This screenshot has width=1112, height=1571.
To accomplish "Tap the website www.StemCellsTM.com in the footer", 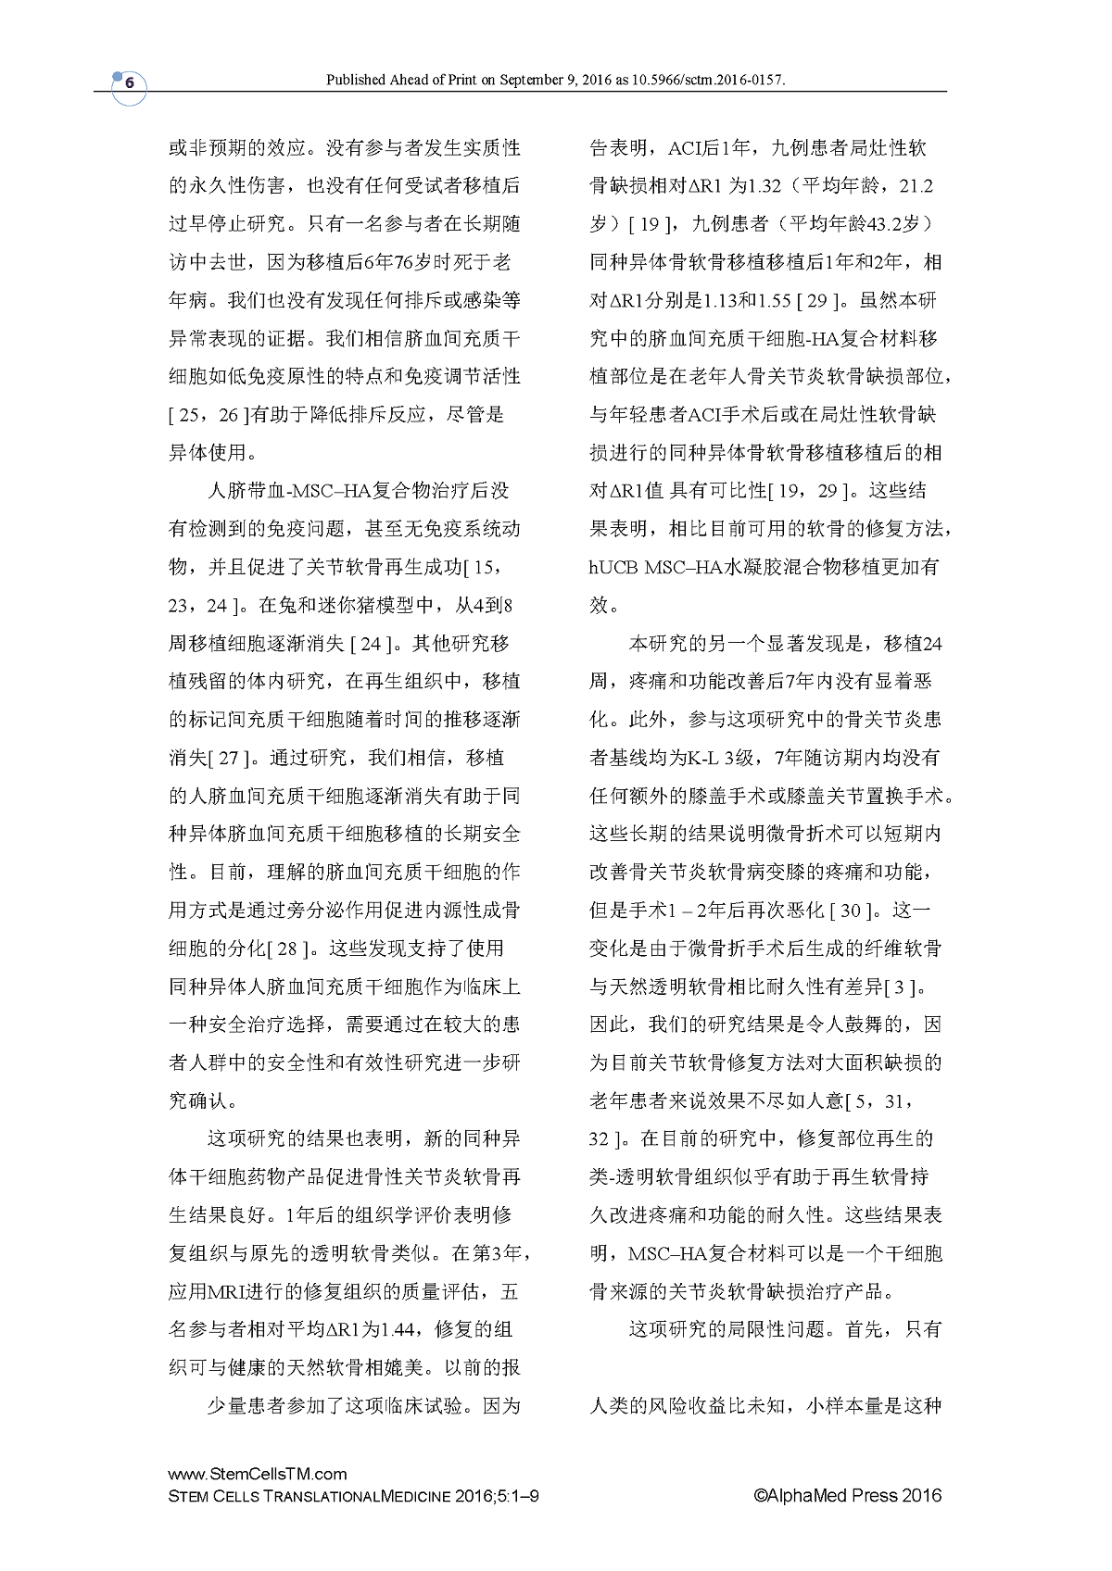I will (x=258, y=1475).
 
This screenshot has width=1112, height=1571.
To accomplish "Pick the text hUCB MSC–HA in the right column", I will (x=658, y=567).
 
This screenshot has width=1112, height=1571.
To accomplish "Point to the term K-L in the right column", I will (x=703, y=758).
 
